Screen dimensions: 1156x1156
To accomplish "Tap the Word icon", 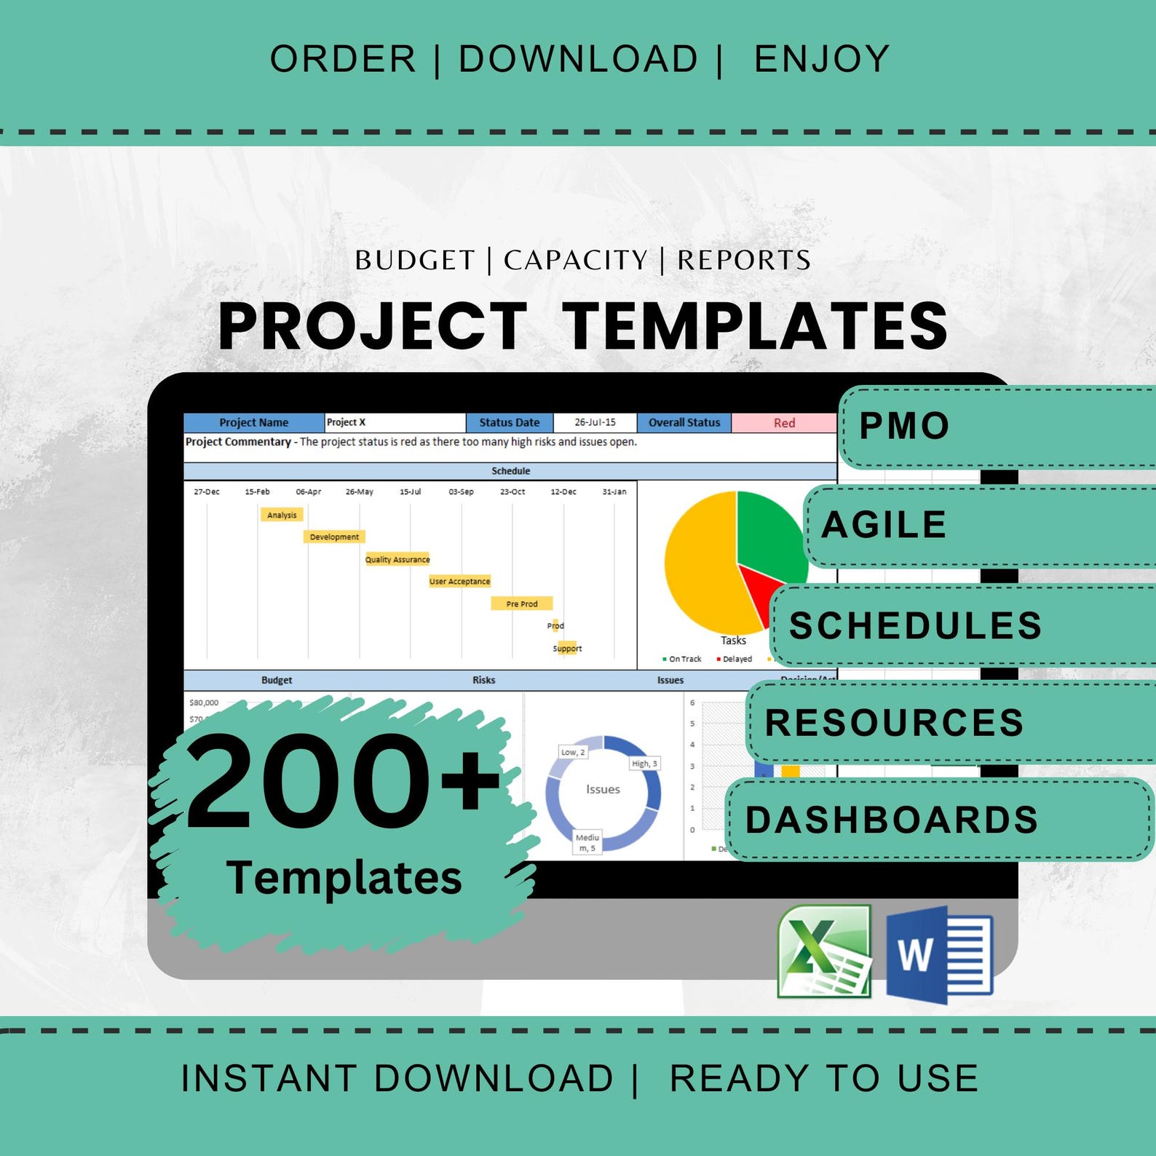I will pyautogui.click(x=939, y=954).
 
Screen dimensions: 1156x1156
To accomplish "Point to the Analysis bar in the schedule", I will pyautogui.click(x=282, y=515).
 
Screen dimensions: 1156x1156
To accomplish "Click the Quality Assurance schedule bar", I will pyautogui.click(x=397, y=559).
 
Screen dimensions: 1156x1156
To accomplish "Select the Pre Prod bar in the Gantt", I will pyautogui.click(x=521, y=603).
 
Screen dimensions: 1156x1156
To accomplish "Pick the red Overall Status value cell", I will pyautogui.click(x=784, y=423).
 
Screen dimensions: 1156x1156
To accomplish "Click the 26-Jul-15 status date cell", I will pyautogui.click(x=595, y=422).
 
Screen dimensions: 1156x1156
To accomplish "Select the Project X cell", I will pyautogui.click(x=394, y=422).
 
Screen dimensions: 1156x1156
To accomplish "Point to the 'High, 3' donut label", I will pyautogui.click(x=644, y=764).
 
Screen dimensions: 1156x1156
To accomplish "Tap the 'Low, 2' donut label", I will pyautogui.click(x=573, y=752).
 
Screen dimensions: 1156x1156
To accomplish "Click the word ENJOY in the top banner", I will pyautogui.click(x=822, y=59).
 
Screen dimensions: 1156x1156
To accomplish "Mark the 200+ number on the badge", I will pyautogui.click(x=342, y=783).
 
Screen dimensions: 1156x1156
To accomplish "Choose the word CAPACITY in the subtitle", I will pyautogui.click(x=575, y=260).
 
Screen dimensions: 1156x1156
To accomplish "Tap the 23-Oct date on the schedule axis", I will pyautogui.click(x=512, y=492).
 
